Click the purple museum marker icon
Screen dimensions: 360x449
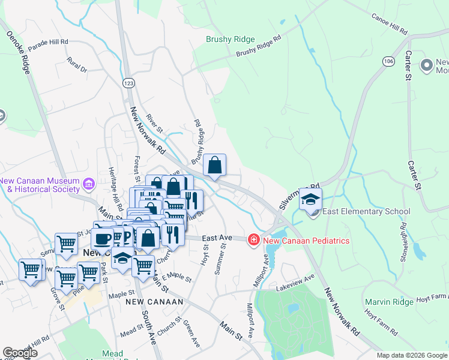(x=89, y=183)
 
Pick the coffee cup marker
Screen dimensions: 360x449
(x=103, y=237)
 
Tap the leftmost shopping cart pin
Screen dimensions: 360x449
(x=31, y=270)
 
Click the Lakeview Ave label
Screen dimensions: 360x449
(x=295, y=280)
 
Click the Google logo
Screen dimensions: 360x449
(x=20, y=353)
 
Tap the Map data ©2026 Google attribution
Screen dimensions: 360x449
(x=412, y=355)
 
